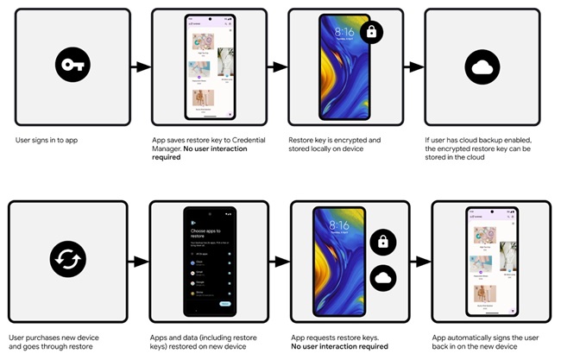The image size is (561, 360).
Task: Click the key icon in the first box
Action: click(x=68, y=66)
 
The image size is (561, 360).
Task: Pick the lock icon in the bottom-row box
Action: click(x=384, y=242)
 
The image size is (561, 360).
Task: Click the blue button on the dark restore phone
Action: click(x=227, y=303)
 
